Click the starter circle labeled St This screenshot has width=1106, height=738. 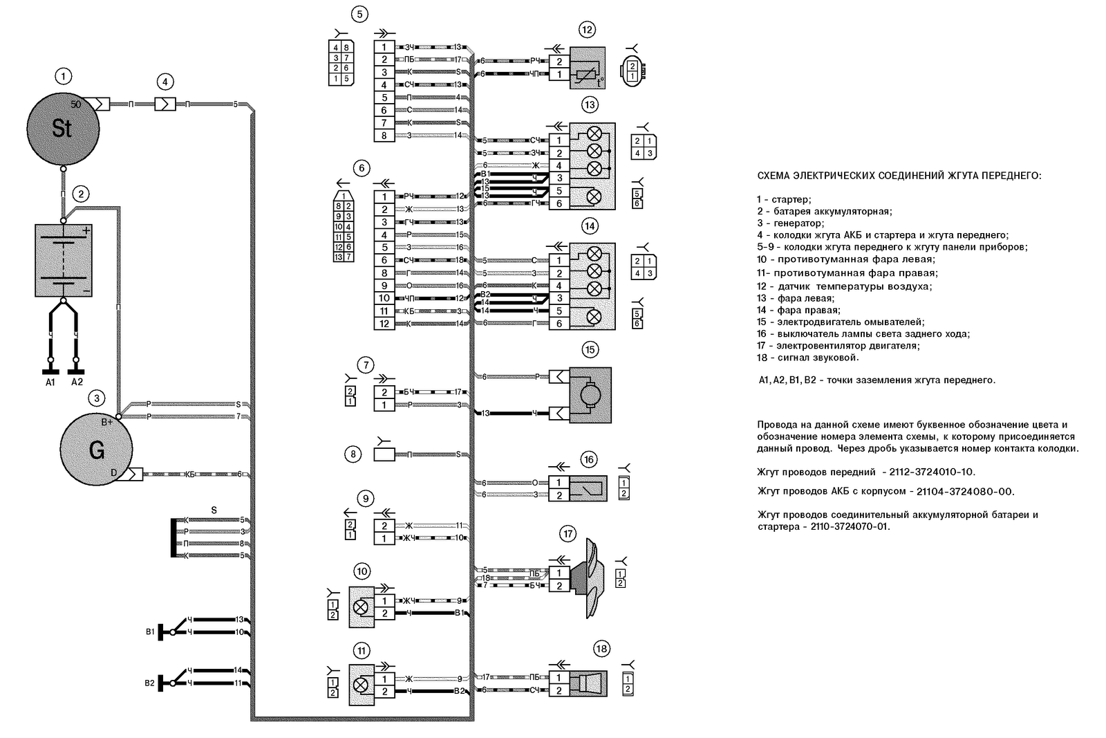(x=62, y=128)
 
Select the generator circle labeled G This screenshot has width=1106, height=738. (x=96, y=450)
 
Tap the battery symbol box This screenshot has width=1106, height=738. (x=63, y=260)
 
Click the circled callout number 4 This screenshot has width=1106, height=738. (x=165, y=82)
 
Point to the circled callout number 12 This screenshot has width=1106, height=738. (x=587, y=30)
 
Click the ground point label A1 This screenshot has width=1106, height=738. (x=50, y=382)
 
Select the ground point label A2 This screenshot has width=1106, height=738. (x=77, y=382)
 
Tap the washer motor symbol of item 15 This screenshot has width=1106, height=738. (x=590, y=395)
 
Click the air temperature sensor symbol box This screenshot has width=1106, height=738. (x=587, y=68)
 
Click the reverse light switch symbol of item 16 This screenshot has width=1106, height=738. (x=588, y=488)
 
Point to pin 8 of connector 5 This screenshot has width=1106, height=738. (x=384, y=136)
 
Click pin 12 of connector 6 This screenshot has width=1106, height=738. (x=384, y=324)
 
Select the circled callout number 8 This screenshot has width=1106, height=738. (x=353, y=454)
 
